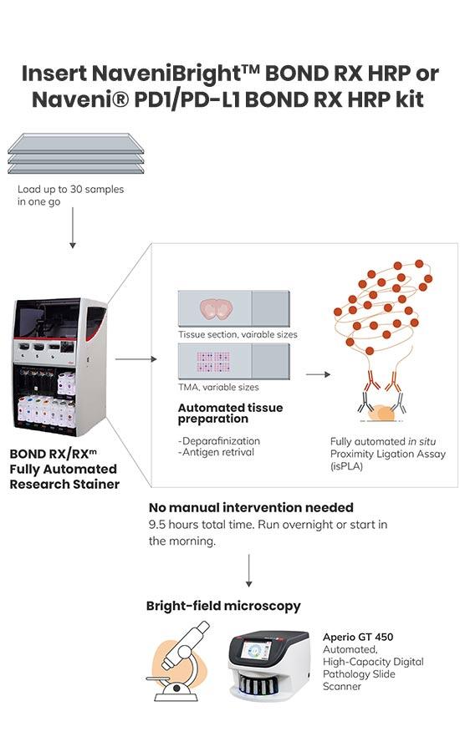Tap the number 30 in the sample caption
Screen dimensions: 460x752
[x=76, y=190]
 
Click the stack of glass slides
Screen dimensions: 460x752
[x=76, y=154]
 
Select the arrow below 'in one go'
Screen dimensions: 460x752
[x=73, y=227]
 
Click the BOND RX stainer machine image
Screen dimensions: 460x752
[x=59, y=367]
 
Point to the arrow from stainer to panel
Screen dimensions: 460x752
[x=135, y=358]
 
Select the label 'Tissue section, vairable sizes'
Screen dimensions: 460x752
[x=238, y=334]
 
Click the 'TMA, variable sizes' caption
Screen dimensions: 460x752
[x=218, y=387]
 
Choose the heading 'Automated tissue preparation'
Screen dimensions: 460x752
[x=231, y=413]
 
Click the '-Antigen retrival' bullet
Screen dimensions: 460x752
[x=216, y=452]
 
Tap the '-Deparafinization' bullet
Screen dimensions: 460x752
[x=219, y=440]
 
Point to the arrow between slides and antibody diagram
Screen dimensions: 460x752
[x=318, y=374]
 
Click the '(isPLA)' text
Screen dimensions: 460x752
[x=346, y=466]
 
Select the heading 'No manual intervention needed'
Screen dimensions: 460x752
[x=251, y=507]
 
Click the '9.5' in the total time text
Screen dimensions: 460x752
[x=157, y=525]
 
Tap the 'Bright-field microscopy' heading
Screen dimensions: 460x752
[x=223, y=607]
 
